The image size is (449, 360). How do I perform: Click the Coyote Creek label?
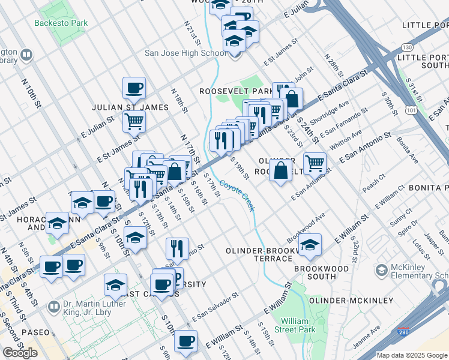(237, 196)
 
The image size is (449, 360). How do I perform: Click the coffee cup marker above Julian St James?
(134, 88)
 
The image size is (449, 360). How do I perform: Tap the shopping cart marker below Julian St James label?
(134, 121)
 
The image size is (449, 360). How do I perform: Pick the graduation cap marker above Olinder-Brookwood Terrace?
(310, 244)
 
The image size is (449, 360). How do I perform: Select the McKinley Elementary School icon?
(381, 271)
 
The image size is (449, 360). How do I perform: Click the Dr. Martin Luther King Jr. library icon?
(54, 307)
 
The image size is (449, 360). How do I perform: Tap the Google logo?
(20, 353)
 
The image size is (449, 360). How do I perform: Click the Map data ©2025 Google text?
(412, 355)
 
